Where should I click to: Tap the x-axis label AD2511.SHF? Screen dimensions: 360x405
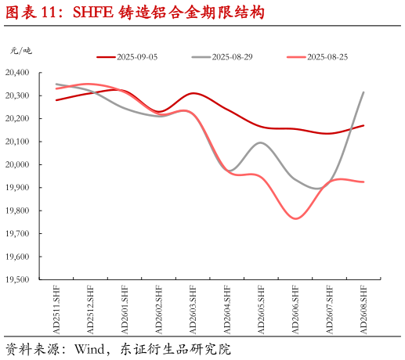pos(56,310)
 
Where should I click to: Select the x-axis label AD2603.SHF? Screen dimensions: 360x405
pos(193,310)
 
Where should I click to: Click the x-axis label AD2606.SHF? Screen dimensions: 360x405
pos(295,310)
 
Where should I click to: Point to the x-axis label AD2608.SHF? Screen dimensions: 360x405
pos(363,310)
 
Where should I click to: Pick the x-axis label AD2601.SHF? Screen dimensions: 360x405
pos(125,310)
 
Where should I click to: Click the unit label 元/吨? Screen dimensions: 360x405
pos(20,51)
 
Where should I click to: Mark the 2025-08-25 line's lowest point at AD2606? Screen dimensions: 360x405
pos(295,218)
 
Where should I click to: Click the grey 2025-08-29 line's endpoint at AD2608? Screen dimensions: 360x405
pos(363,92)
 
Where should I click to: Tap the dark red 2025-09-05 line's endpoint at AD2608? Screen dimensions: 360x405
pos(363,125)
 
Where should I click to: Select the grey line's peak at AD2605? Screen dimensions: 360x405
pos(261,142)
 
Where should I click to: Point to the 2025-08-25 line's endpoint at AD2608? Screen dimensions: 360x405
pos(363,182)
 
